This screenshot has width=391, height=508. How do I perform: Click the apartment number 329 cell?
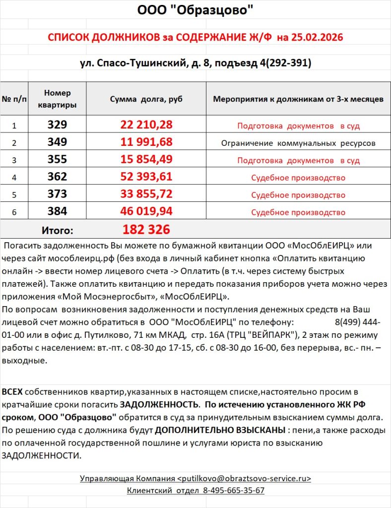(x=57, y=125)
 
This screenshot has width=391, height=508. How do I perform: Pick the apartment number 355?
(x=57, y=160)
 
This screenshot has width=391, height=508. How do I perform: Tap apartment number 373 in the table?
(x=57, y=194)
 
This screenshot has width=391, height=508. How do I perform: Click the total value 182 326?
(x=146, y=230)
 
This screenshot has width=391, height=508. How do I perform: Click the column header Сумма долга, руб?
(x=146, y=99)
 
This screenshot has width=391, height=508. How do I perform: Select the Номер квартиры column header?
(x=57, y=99)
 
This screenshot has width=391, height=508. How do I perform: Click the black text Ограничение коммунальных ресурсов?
(x=298, y=143)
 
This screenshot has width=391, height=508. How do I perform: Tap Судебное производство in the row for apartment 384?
(x=298, y=212)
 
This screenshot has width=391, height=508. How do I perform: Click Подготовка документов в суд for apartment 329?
(x=298, y=126)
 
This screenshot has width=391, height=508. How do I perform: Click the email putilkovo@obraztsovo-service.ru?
(x=244, y=479)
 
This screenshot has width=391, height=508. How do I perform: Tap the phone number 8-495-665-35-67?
(x=234, y=491)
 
